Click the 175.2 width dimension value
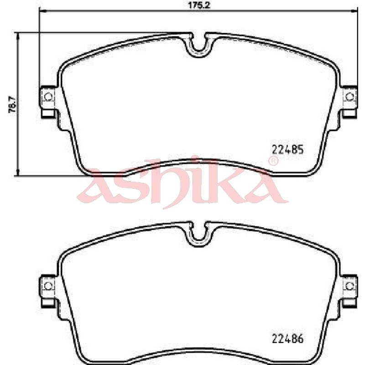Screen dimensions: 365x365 point(199,5)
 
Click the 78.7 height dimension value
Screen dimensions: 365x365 point(12,104)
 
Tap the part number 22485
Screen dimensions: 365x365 point(288,150)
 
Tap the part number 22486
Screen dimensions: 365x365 point(288,339)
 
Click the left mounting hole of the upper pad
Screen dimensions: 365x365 point(48,96)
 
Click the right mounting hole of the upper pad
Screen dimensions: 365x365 point(349,96)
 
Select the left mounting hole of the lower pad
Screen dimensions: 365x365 point(48,286)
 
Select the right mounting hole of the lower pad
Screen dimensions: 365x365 point(349,286)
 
